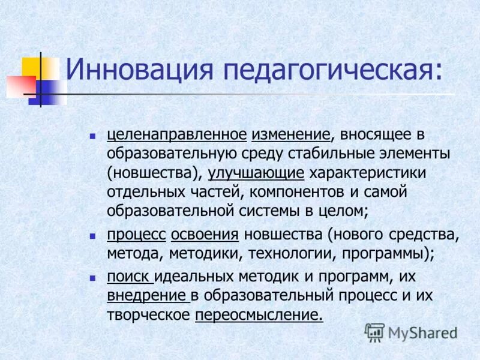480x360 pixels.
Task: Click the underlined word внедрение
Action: [x=146, y=296]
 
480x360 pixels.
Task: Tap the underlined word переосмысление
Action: [x=258, y=316]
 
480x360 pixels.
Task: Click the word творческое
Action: [x=148, y=316]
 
